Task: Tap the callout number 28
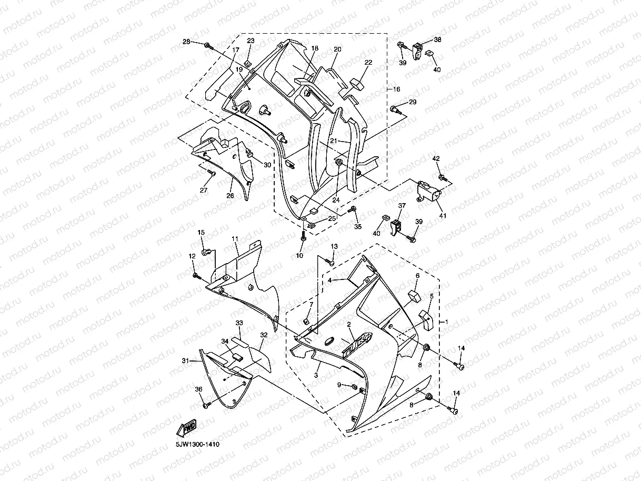[187, 42]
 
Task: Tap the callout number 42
[436, 158]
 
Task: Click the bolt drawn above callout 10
[304, 237]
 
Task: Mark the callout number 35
[358, 227]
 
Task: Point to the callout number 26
[230, 196]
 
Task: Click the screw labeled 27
[212, 173]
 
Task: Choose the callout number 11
[235, 239]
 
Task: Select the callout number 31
[185, 360]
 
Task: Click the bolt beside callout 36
[205, 405]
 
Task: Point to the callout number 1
[447, 322]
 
